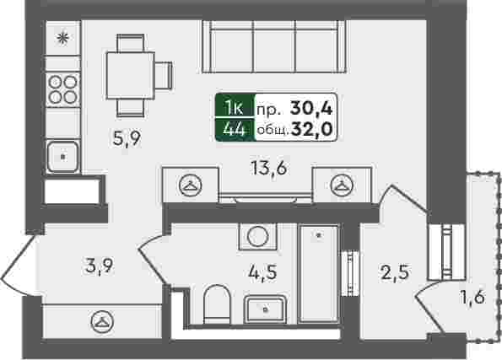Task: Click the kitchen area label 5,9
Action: [127, 138]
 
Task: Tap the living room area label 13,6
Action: [269, 168]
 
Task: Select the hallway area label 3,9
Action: [99, 266]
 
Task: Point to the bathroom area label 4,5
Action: [262, 273]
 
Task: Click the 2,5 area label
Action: [395, 273]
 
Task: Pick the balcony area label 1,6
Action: [472, 298]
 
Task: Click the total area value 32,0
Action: [312, 130]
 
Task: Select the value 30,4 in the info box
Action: [311, 108]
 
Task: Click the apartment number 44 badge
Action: [235, 130]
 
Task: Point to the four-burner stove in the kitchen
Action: [62, 89]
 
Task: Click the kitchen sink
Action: [63, 157]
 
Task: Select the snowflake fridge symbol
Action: [62, 38]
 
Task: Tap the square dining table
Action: [131, 76]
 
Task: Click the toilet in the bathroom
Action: [217, 304]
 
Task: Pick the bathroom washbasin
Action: [265, 309]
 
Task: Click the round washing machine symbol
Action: [257, 236]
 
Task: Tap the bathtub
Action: [319, 273]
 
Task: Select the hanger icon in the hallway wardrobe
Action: [102, 321]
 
